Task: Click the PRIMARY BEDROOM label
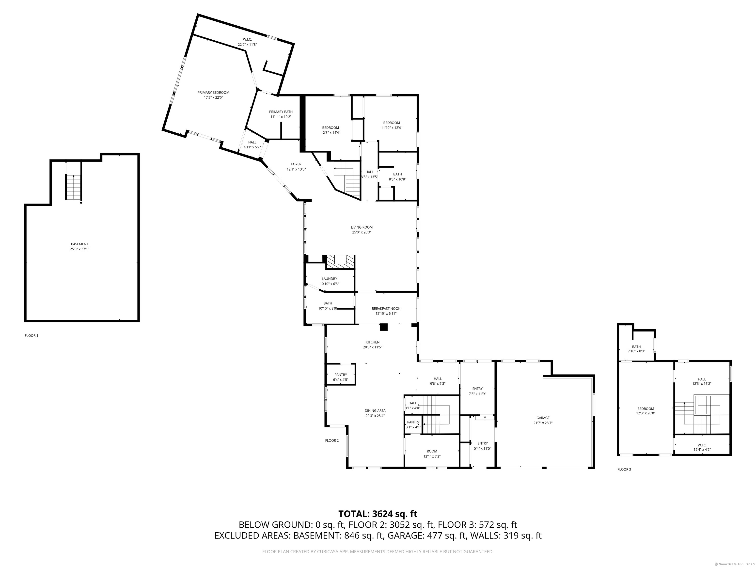click(x=213, y=93)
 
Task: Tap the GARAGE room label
click(x=543, y=418)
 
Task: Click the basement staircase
click(x=74, y=187)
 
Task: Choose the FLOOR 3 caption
click(x=624, y=469)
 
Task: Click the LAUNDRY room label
click(x=329, y=279)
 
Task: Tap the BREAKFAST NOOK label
click(x=386, y=309)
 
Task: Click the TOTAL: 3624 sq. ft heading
click(x=378, y=514)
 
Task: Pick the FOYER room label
click(x=296, y=164)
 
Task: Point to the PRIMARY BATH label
click(x=281, y=112)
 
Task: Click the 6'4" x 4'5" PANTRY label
click(x=340, y=375)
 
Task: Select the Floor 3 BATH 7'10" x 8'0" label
click(x=636, y=347)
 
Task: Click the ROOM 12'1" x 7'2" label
click(x=432, y=452)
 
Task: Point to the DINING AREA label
click(x=375, y=411)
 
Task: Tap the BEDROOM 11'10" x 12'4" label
click(x=391, y=123)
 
